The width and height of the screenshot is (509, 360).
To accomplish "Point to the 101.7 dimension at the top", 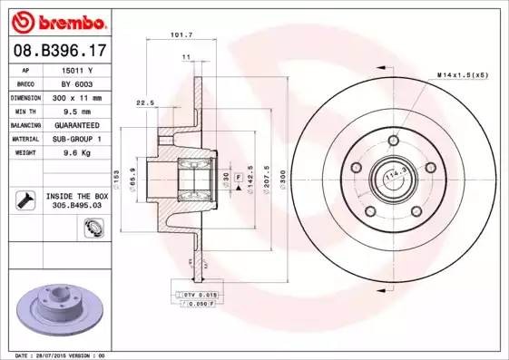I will tap(181, 35).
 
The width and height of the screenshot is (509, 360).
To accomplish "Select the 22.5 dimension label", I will tap(143, 102).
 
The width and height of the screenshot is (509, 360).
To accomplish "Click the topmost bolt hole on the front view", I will tap(393, 141).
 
